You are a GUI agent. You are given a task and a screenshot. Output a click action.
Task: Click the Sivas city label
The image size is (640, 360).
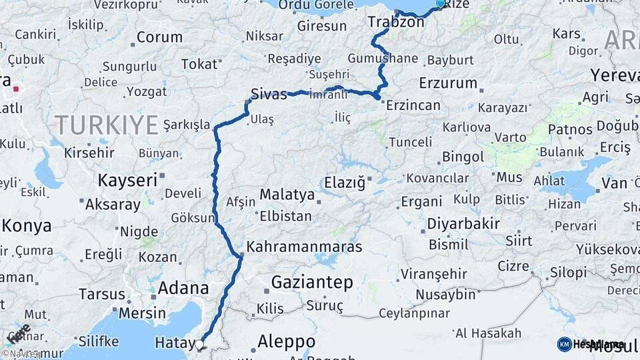click(269, 93)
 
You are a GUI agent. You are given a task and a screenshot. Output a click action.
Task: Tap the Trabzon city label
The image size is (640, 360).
click(395, 22)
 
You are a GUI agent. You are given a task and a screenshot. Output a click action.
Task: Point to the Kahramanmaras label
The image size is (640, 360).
click(304, 247)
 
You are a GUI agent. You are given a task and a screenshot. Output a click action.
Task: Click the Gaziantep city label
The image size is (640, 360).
click(312, 283)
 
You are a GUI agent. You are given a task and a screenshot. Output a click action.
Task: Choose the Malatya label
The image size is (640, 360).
click(287, 195)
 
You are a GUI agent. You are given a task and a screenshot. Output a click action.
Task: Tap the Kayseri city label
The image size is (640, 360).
click(127, 180)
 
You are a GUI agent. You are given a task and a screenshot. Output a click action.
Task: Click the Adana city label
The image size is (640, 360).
click(183, 289)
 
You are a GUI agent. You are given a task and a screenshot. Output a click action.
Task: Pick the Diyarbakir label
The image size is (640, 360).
click(463, 224)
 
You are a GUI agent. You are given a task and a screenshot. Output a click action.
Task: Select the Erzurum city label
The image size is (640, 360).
click(448, 83)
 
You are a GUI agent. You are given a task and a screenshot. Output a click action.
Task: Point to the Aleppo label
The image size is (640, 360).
click(287, 341)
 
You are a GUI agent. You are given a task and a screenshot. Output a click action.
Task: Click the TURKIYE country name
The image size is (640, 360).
click(107, 125)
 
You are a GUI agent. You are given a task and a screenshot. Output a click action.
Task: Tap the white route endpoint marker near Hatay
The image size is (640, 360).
click(199, 345)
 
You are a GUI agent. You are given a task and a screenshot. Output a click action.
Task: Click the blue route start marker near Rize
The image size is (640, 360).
click(440, 4)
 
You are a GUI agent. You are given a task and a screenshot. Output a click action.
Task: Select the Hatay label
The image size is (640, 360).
click(173, 343)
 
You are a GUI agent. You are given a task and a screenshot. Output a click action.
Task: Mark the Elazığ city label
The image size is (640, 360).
click(345, 183)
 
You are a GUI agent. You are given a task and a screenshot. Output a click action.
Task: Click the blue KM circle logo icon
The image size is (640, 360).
click(564, 344)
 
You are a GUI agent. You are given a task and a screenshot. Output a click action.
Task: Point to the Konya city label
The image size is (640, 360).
click(27, 225)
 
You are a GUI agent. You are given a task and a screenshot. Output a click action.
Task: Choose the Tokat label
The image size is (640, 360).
click(199, 64)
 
